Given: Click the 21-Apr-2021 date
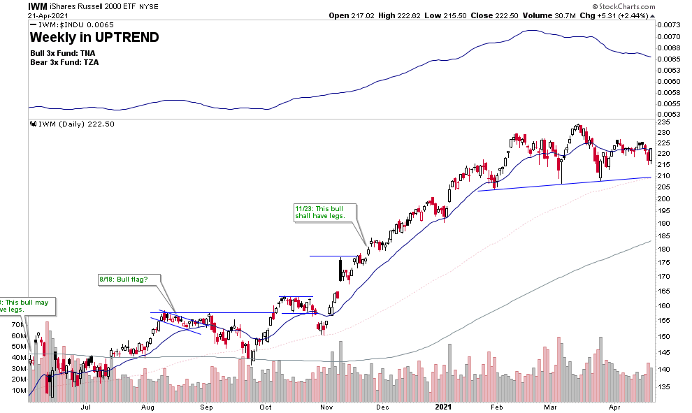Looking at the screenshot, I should [46, 15].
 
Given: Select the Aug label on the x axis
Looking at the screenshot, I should [147, 405].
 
